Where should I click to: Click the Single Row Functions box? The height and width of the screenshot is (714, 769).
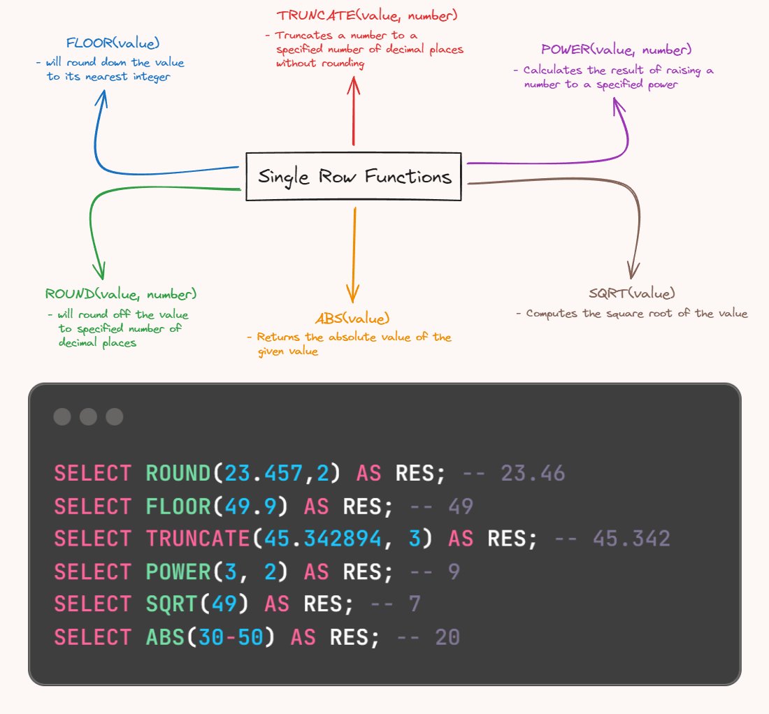tap(354, 177)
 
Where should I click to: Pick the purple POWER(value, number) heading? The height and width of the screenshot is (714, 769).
tap(616, 50)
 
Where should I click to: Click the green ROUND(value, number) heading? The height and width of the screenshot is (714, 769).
tap(120, 294)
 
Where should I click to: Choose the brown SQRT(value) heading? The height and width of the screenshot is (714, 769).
tap(632, 293)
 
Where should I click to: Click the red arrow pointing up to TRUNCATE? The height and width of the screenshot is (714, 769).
tap(354, 112)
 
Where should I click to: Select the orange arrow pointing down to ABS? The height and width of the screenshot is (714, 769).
tap(354, 252)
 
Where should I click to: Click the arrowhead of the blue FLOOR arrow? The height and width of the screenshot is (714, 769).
tap(103, 97)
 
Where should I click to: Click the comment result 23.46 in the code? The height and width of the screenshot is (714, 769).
tap(533, 474)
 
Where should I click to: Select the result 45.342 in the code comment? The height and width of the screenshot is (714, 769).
tap(631, 539)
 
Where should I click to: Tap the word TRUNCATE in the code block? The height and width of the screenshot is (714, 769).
tap(198, 539)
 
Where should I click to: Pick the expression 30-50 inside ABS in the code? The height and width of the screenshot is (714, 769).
tap(237, 637)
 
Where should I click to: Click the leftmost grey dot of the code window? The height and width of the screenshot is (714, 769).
tap(62, 417)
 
